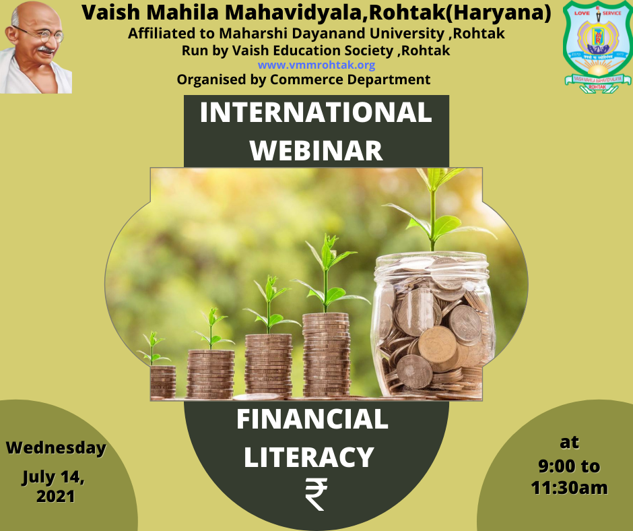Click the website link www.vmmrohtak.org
(316, 65)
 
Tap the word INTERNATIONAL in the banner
(316, 112)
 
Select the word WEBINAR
(316, 151)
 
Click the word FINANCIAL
(312, 419)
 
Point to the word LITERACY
(309, 457)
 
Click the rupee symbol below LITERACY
(316, 494)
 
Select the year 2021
(56, 496)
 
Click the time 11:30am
(569, 488)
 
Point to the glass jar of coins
(433, 325)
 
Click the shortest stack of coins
(163, 382)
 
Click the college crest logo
(597, 46)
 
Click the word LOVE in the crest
(582, 13)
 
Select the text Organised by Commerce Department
(304, 80)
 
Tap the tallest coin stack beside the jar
(326, 355)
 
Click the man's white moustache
(45, 49)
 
